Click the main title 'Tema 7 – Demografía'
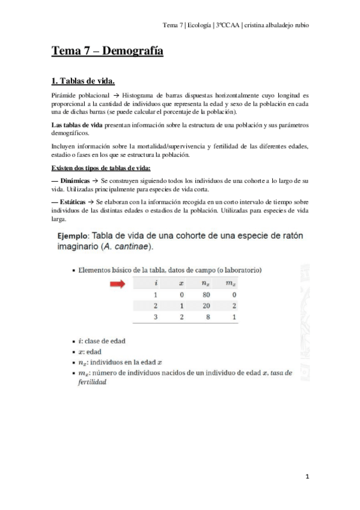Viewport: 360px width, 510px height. coord(108,52)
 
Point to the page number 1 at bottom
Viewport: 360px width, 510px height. coord(307,476)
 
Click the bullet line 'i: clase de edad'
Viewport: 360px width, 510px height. coord(101,340)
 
